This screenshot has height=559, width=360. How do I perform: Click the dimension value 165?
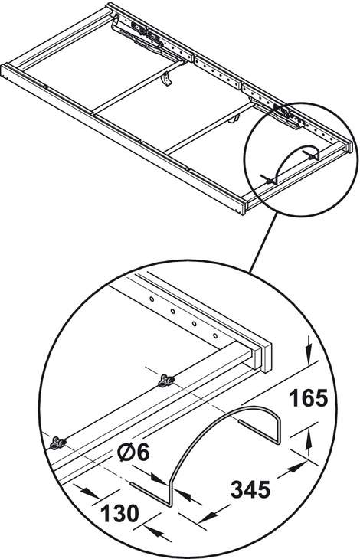click(x=308, y=398)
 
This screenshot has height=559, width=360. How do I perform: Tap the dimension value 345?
click(x=250, y=489)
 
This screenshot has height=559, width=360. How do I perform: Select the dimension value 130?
click(x=119, y=513)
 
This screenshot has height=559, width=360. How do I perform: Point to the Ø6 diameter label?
click(x=134, y=453)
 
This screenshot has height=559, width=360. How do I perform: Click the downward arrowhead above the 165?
click(x=309, y=352)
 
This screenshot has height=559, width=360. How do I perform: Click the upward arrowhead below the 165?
click(x=309, y=440)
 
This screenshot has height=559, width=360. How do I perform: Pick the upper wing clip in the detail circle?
click(x=166, y=381)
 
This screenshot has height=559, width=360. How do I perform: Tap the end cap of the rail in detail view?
click(x=267, y=357)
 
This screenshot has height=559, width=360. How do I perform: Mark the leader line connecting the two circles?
click(x=263, y=244)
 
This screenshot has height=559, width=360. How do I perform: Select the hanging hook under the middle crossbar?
click(x=166, y=79)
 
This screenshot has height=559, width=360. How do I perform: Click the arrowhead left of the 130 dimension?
click(x=89, y=493)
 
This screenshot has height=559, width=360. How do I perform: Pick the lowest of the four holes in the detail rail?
click(x=215, y=335)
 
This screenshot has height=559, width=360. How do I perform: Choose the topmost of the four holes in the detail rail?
click(x=152, y=299)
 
